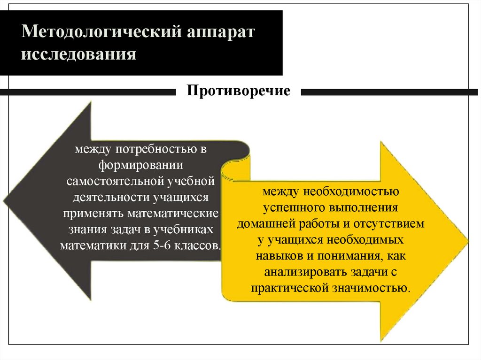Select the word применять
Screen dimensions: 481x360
tap(93, 213)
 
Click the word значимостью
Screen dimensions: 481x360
tap(377, 288)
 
